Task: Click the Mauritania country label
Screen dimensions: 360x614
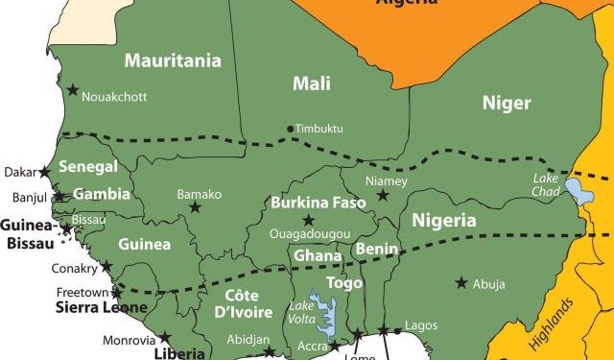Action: point(172,61)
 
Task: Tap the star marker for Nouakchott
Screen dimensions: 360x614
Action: point(73,89)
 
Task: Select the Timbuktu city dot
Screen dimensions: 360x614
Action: point(290,129)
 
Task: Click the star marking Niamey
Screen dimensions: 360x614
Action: point(383,196)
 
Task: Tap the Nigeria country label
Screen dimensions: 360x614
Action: point(443,220)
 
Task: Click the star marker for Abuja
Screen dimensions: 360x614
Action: point(461,282)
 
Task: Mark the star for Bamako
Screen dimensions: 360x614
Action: point(196,207)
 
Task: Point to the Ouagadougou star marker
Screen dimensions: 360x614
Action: point(309,221)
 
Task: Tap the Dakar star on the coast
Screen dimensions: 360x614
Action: point(44,172)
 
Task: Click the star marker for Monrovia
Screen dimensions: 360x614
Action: point(164,337)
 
